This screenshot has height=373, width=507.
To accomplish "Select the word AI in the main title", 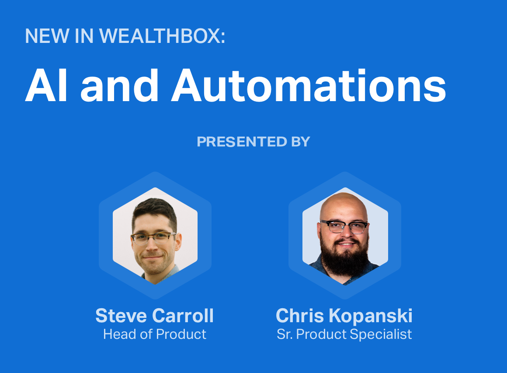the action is click(x=46, y=85).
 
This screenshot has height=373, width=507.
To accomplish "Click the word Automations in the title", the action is click(x=309, y=85).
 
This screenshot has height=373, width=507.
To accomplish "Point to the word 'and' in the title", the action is click(x=119, y=85).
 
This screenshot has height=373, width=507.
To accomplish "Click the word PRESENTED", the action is click(x=242, y=142).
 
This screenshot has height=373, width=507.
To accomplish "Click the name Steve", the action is click(x=121, y=315).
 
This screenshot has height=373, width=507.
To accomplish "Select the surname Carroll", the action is click(x=183, y=315).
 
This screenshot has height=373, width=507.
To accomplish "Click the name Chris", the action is click(x=300, y=315).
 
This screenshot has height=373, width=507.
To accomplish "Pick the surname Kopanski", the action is click(x=371, y=315).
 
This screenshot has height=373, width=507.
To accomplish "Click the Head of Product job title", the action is click(x=155, y=334).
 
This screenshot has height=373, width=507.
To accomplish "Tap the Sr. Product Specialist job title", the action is click(x=344, y=334).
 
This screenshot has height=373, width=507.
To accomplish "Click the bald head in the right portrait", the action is click(x=344, y=206).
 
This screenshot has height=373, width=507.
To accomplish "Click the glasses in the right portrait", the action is click(x=344, y=227).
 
